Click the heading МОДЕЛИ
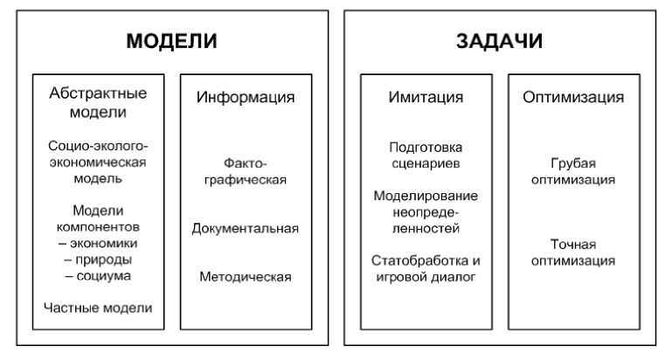171,42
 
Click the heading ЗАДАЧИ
499,42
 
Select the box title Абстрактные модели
98,102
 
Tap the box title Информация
245,97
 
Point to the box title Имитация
426,97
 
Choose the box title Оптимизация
573,97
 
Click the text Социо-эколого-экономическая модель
98,162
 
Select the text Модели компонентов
98,218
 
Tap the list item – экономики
98,243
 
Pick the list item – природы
98,260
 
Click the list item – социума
98,276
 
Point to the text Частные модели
98,308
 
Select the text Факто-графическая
245,171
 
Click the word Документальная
245,229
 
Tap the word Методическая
245,277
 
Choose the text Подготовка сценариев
426,155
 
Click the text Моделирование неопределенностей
426,211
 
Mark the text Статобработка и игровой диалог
426,268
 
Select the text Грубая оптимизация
572,171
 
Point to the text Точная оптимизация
572,252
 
